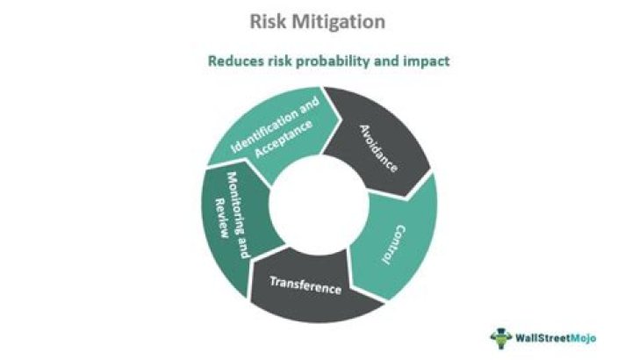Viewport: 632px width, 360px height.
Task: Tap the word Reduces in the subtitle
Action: [235, 62]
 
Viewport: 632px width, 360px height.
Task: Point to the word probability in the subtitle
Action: [338, 62]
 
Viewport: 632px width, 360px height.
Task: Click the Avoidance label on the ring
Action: [379, 147]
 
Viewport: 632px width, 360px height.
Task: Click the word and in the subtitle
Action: [389, 62]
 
